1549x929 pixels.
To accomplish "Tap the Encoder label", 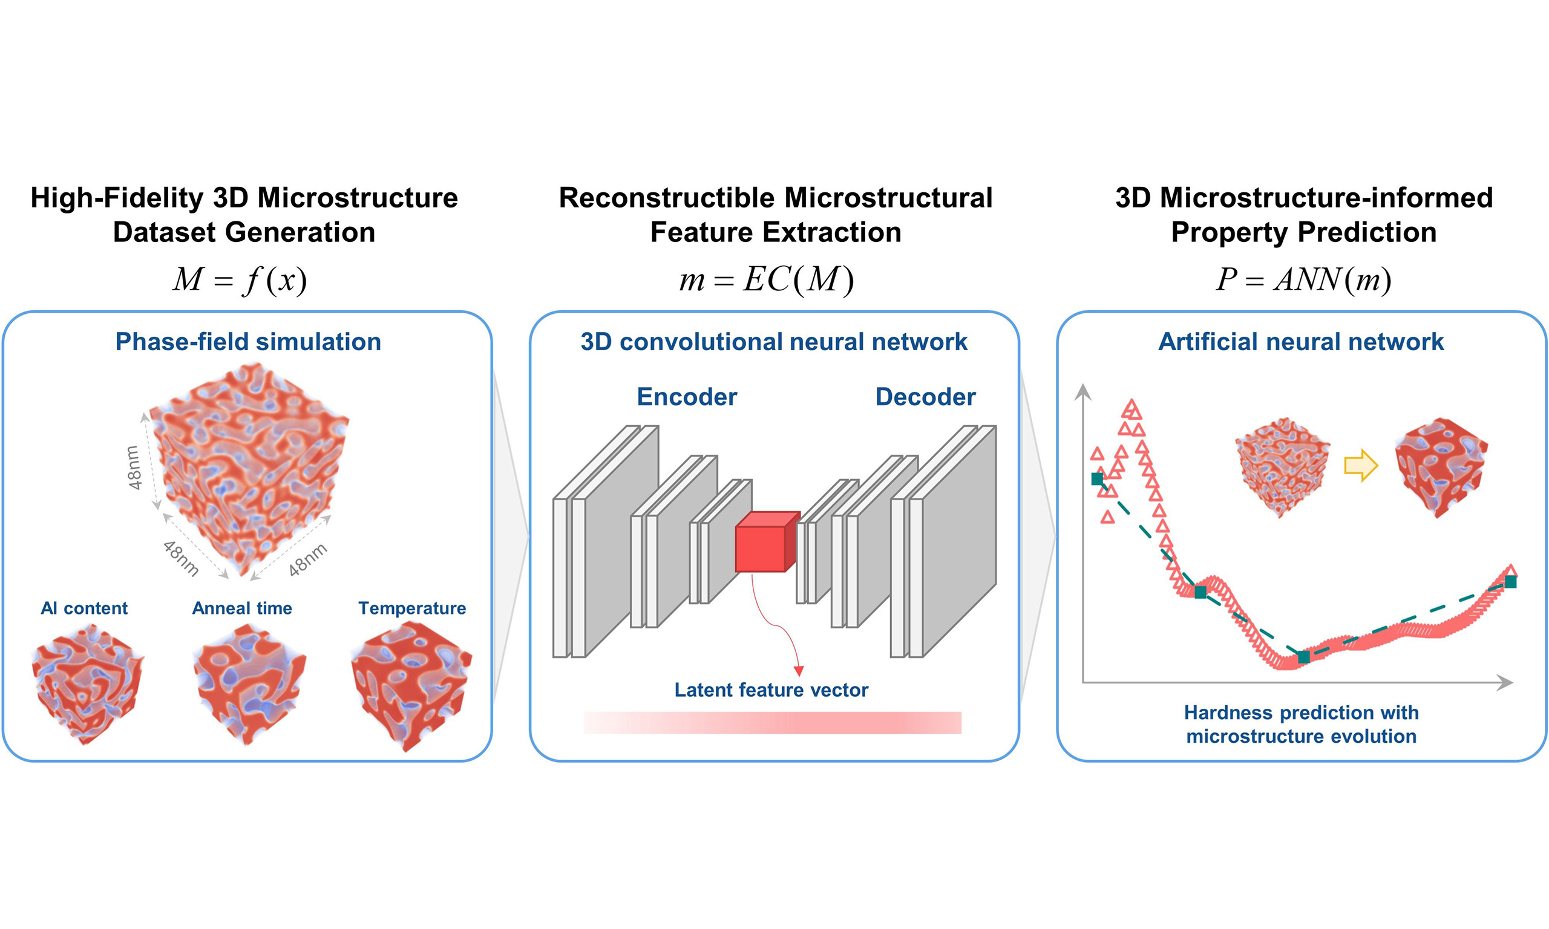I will coord(687,397).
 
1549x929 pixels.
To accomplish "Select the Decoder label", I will coord(925,397).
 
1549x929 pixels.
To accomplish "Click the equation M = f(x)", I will coord(240,279).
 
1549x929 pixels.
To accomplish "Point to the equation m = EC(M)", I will coord(767,279).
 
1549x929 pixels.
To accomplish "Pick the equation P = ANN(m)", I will coord(1303,279).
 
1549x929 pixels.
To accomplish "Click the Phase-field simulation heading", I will coord(248,342).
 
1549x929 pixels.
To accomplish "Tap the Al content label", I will coord(84,608).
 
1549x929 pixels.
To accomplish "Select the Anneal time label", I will coord(241,608).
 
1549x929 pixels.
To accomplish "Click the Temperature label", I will coord(412,608).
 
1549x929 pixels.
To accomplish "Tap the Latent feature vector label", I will coord(771,690).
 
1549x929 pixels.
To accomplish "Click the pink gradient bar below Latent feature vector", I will coord(773,722).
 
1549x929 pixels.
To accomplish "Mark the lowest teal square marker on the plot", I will coord(1303,657).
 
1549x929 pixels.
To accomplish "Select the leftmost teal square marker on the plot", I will coord(1097,479).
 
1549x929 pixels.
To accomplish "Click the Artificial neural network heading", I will coord(1301,342).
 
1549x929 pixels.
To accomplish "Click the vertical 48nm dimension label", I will coord(134,467).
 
